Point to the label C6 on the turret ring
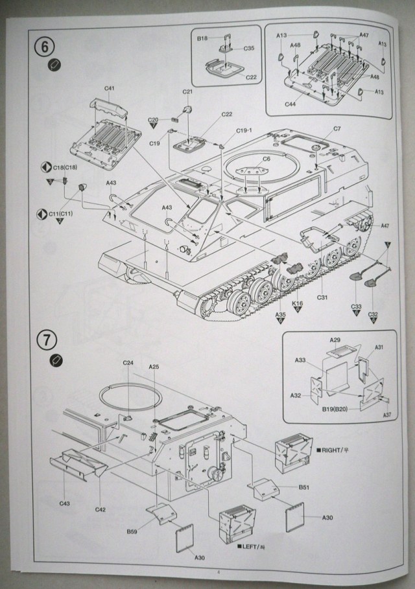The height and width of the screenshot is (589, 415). pos(266,159)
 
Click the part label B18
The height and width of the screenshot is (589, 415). pos(203,39)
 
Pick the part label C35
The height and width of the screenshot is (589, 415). pos(249,48)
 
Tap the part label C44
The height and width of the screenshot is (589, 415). pos(290,104)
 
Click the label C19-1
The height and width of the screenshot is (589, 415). pos(244,130)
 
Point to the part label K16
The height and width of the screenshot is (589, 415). pos(298,303)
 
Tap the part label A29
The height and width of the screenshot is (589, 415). pos(335,340)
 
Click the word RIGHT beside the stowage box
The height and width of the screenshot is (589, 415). pos(329,449)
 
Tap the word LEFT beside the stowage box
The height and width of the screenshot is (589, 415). pos(252,547)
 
